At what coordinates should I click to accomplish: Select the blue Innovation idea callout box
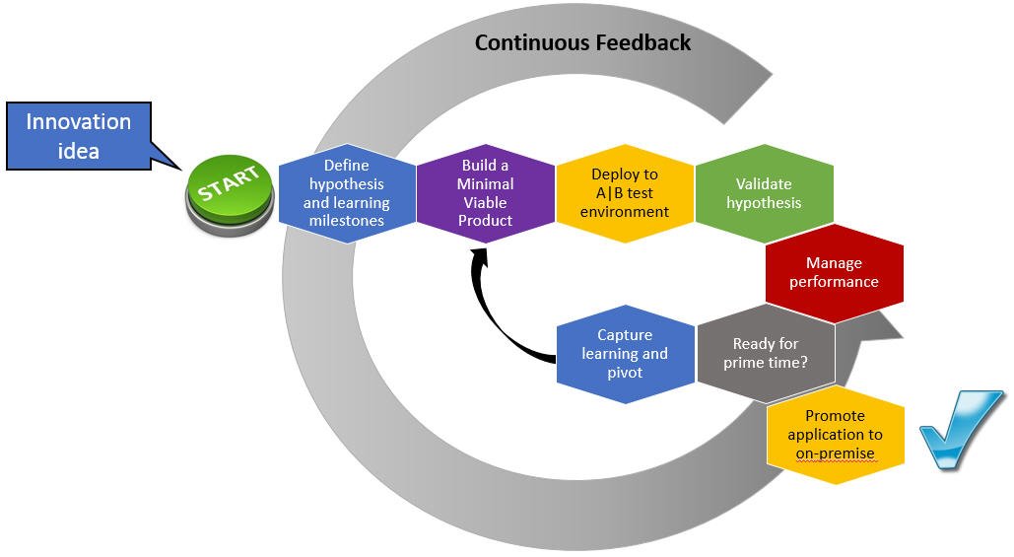(x=79, y=136)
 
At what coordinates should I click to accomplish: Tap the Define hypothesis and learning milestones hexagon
(x=346, y=193)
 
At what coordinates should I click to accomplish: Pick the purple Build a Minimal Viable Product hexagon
(x=485, y=193)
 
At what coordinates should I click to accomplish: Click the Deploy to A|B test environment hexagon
(x=624, y=193)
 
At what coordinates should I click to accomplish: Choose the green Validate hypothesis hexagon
(x=764, y=193)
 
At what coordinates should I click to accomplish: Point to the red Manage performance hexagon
(x=834, y=273)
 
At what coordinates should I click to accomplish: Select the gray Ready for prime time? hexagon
(x=766, y=353)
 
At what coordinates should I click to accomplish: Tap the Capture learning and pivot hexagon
(x=625, y=354)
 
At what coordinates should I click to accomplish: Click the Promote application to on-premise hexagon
(x=836, y=435)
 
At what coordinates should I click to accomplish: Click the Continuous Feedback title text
(x=582, y=42)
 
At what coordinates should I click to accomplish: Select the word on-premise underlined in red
(x=836, y=453)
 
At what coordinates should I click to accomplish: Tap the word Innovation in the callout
(x=79, y=122)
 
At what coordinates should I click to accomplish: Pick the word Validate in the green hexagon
(x=764, y=183)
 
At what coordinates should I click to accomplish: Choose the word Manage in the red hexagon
(x=834, y=263)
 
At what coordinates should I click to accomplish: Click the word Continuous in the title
(x=530, y=42)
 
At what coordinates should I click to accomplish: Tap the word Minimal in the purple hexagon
(x=485, y=183)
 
